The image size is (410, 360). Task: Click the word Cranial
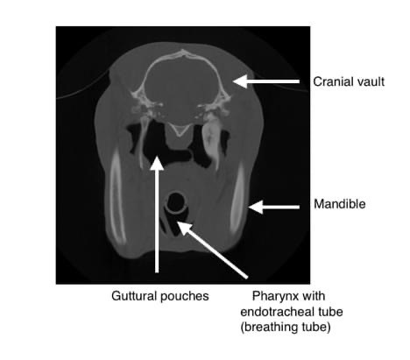coord(334,81)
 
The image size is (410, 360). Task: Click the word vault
coord(371,81)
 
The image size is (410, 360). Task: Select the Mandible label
coord(340,204)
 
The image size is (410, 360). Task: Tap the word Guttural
coord(134,296)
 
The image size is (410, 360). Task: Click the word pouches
coord(185,297)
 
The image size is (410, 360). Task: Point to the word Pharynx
coord(272,296)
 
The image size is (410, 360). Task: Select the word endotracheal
coord(275,312)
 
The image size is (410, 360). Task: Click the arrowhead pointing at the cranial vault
coord(240,81)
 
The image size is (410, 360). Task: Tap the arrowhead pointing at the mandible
coord(256,207)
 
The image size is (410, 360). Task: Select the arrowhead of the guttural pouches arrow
coord(157,163)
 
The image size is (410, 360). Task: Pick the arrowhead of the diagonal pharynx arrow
coord(184,229)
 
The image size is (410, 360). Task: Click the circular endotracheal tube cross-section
coord(175,202)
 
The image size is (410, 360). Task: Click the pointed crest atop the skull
coord(183,53)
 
